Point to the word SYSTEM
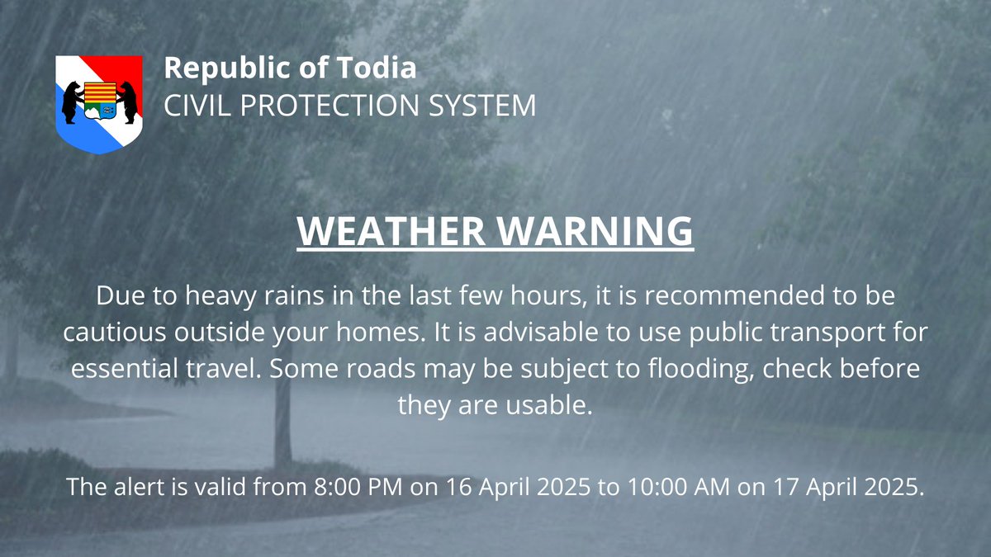pyautogui.click(x=489, y=105)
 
